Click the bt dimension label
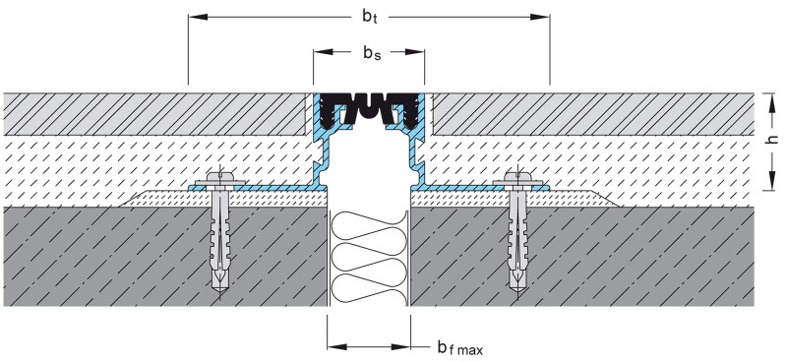[x=370, y=17]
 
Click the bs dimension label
[x=372, y=52]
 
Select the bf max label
[x=459, y=347]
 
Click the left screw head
[x=220, y=177]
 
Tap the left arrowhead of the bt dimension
[x=198, y=17]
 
